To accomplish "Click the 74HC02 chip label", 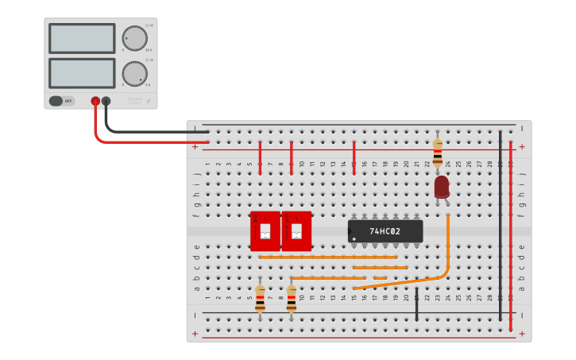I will (385, 231).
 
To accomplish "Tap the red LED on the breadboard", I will (442, 188).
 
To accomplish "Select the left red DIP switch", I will (265, 231).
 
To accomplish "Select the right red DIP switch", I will (296, 231).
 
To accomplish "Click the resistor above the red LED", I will (437, 151).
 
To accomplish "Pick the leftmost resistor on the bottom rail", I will (260, 299).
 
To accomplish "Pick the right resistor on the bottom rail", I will (292, 299).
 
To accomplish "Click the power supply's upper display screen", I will (82, 38).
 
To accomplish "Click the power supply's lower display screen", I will (82, 73).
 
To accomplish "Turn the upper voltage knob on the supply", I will (134, 38).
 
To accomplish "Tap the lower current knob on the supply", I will (134, 74).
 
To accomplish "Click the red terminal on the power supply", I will (95, 101).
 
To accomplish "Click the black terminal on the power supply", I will (106, 101).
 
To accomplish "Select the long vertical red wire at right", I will (511, 238).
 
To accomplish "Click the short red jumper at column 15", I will (354, 157).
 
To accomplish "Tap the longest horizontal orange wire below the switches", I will (327, 257).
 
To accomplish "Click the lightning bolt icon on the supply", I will (148, 101).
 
